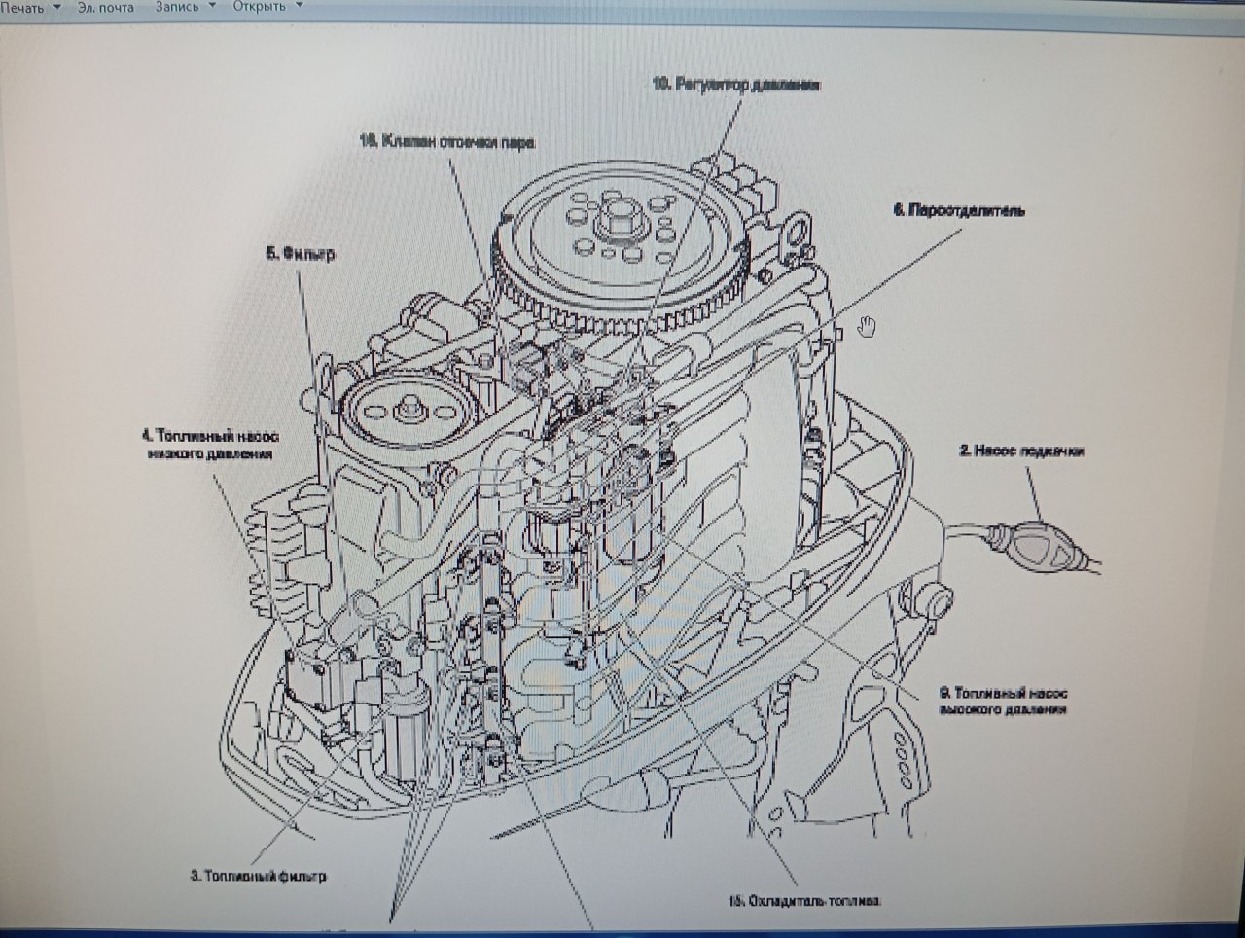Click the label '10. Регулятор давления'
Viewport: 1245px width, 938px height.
point(736,86)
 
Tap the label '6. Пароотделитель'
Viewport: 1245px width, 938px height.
point(959,209)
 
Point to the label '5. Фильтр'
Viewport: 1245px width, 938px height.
point(301,254)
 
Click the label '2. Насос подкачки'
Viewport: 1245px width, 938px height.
point(1021,451)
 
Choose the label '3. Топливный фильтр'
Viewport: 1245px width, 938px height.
point(258,876)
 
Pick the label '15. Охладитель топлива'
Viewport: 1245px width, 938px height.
point(804,901)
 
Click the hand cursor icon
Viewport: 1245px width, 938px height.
point(868,326)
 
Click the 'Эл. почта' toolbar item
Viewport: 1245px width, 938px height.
point(106,6)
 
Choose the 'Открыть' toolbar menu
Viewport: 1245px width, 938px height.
point(260,6)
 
